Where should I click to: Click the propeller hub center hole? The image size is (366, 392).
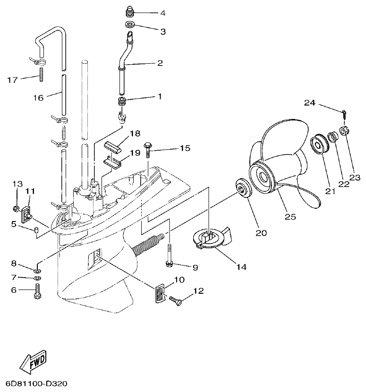point(262,178)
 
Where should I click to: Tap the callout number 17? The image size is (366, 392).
point(13,80)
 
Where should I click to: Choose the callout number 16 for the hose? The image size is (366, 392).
point(38,98)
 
